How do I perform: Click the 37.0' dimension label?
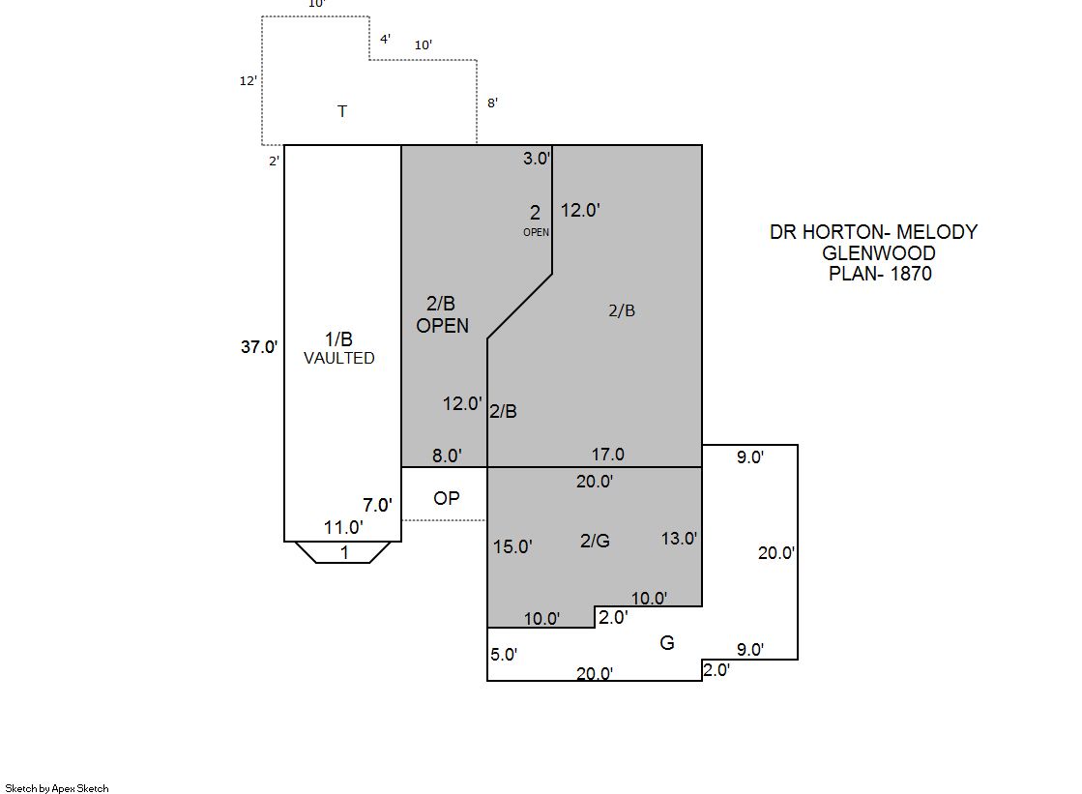(x=259, y=346)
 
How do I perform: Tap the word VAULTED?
(x=338, y=359)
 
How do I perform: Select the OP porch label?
(x=447, y=498)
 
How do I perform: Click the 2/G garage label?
(x=595, y=541)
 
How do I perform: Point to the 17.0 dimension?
(x=608, y=455)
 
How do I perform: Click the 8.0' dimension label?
(x=447, y=456)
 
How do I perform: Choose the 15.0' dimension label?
(x=512, y=546)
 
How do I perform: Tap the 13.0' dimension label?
(x=679, y=539)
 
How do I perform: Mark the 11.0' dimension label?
(x=343, y=527)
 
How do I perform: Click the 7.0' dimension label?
(x=377, y=506)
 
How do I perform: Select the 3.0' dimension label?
(x=537, y=158)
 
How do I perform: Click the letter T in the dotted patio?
(x=342, y=111)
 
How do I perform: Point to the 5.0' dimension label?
(x=504, y=655)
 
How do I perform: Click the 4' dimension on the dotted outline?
(x=385, y=39)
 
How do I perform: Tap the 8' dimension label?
(x=493, y=103)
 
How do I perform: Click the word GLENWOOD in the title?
(x=878, y=252)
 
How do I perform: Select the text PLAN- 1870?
(x=880, y=274)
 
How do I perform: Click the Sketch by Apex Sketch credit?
(x=57, y=788)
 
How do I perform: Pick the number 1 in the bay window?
(x=344, y=553)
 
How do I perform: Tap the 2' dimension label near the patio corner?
(x=274, y=161)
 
